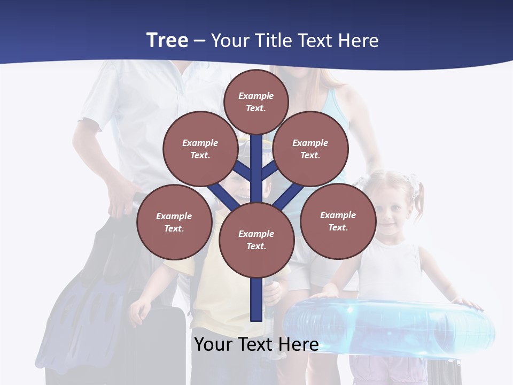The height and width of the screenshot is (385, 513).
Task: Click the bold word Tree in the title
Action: [167, 40]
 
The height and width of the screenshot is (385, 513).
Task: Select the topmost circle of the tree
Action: [256, 102]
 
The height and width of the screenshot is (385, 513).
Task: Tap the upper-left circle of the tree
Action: [200, 149]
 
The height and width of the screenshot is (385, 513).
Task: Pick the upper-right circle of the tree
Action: [310, 149]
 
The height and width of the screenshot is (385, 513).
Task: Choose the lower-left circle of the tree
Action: [174, 222]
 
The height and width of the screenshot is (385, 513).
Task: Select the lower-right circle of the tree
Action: [338, 221]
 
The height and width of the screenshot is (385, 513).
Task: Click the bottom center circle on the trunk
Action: [256, 240]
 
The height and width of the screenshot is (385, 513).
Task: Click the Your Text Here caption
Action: [256, 344]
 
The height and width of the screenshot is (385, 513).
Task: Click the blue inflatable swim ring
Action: [390, 326]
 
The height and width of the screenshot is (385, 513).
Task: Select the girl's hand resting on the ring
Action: [468, 303]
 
